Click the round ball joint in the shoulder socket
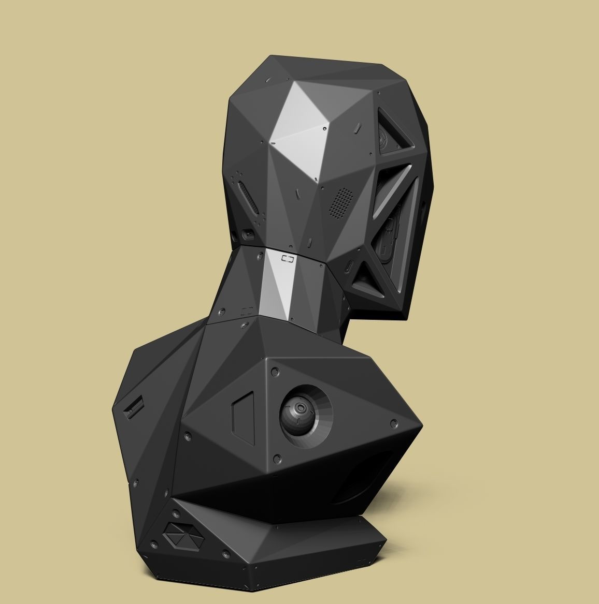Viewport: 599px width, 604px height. (x=297, y=413)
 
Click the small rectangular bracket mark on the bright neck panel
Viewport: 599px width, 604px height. (x=287, y=258)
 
